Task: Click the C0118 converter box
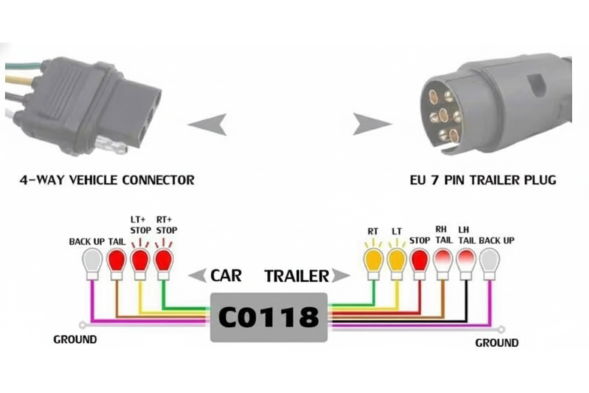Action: click(268, 317)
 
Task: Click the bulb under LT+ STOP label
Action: click(140, 259)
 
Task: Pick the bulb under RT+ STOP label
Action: click(164, 259)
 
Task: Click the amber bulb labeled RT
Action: click(373, 259)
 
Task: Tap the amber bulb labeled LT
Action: click(396, 259)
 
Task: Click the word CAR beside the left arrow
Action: click(226, 275)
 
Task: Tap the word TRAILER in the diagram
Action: click(296, 276)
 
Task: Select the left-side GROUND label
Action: click(75, 339)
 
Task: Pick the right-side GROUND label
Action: click(497, 343)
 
